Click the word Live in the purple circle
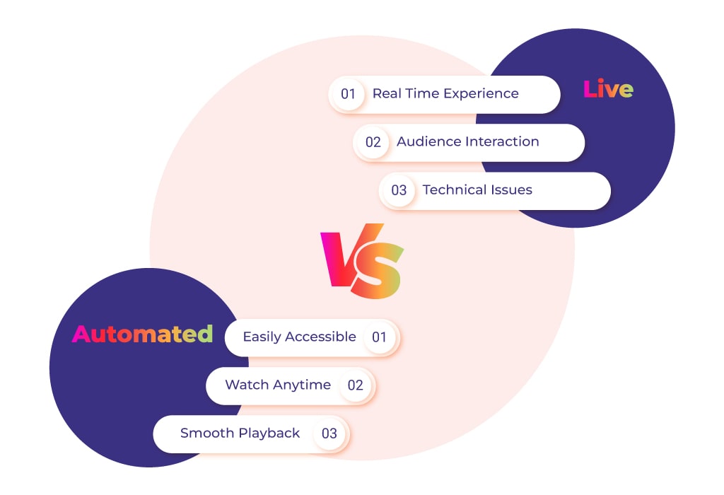[608, 88]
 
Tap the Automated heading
[142, 333]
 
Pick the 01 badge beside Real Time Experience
[348, 94]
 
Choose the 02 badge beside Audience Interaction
[373, 141]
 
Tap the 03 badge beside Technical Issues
[399, 190]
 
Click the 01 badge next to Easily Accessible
[379, 337]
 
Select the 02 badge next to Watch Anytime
[355, 385]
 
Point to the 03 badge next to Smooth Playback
[329, 433]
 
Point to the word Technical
[455, 190]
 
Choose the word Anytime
[301, 385]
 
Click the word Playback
[269, 433]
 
